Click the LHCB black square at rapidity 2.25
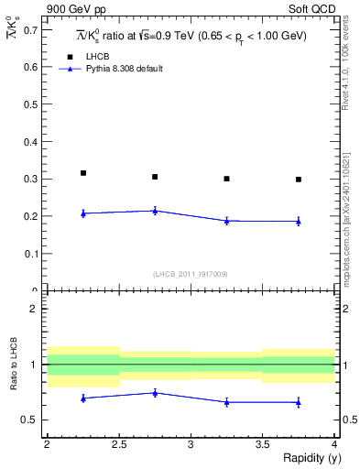click(x=83, y=173)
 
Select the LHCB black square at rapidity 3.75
click(x=299, y=180)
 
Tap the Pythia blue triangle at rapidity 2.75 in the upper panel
click(x=155, y=211)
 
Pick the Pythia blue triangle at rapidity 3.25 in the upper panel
click(x=226, y=221)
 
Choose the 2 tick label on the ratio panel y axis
click(x=37, y=309)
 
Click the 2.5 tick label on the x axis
click(x=119, y=445)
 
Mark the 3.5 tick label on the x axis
click(x=262, y=445)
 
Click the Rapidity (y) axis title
click(x=308, y=459)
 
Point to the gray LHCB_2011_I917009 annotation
click(x=191, y=274)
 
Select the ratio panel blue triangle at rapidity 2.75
click(x=155, y=393)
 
